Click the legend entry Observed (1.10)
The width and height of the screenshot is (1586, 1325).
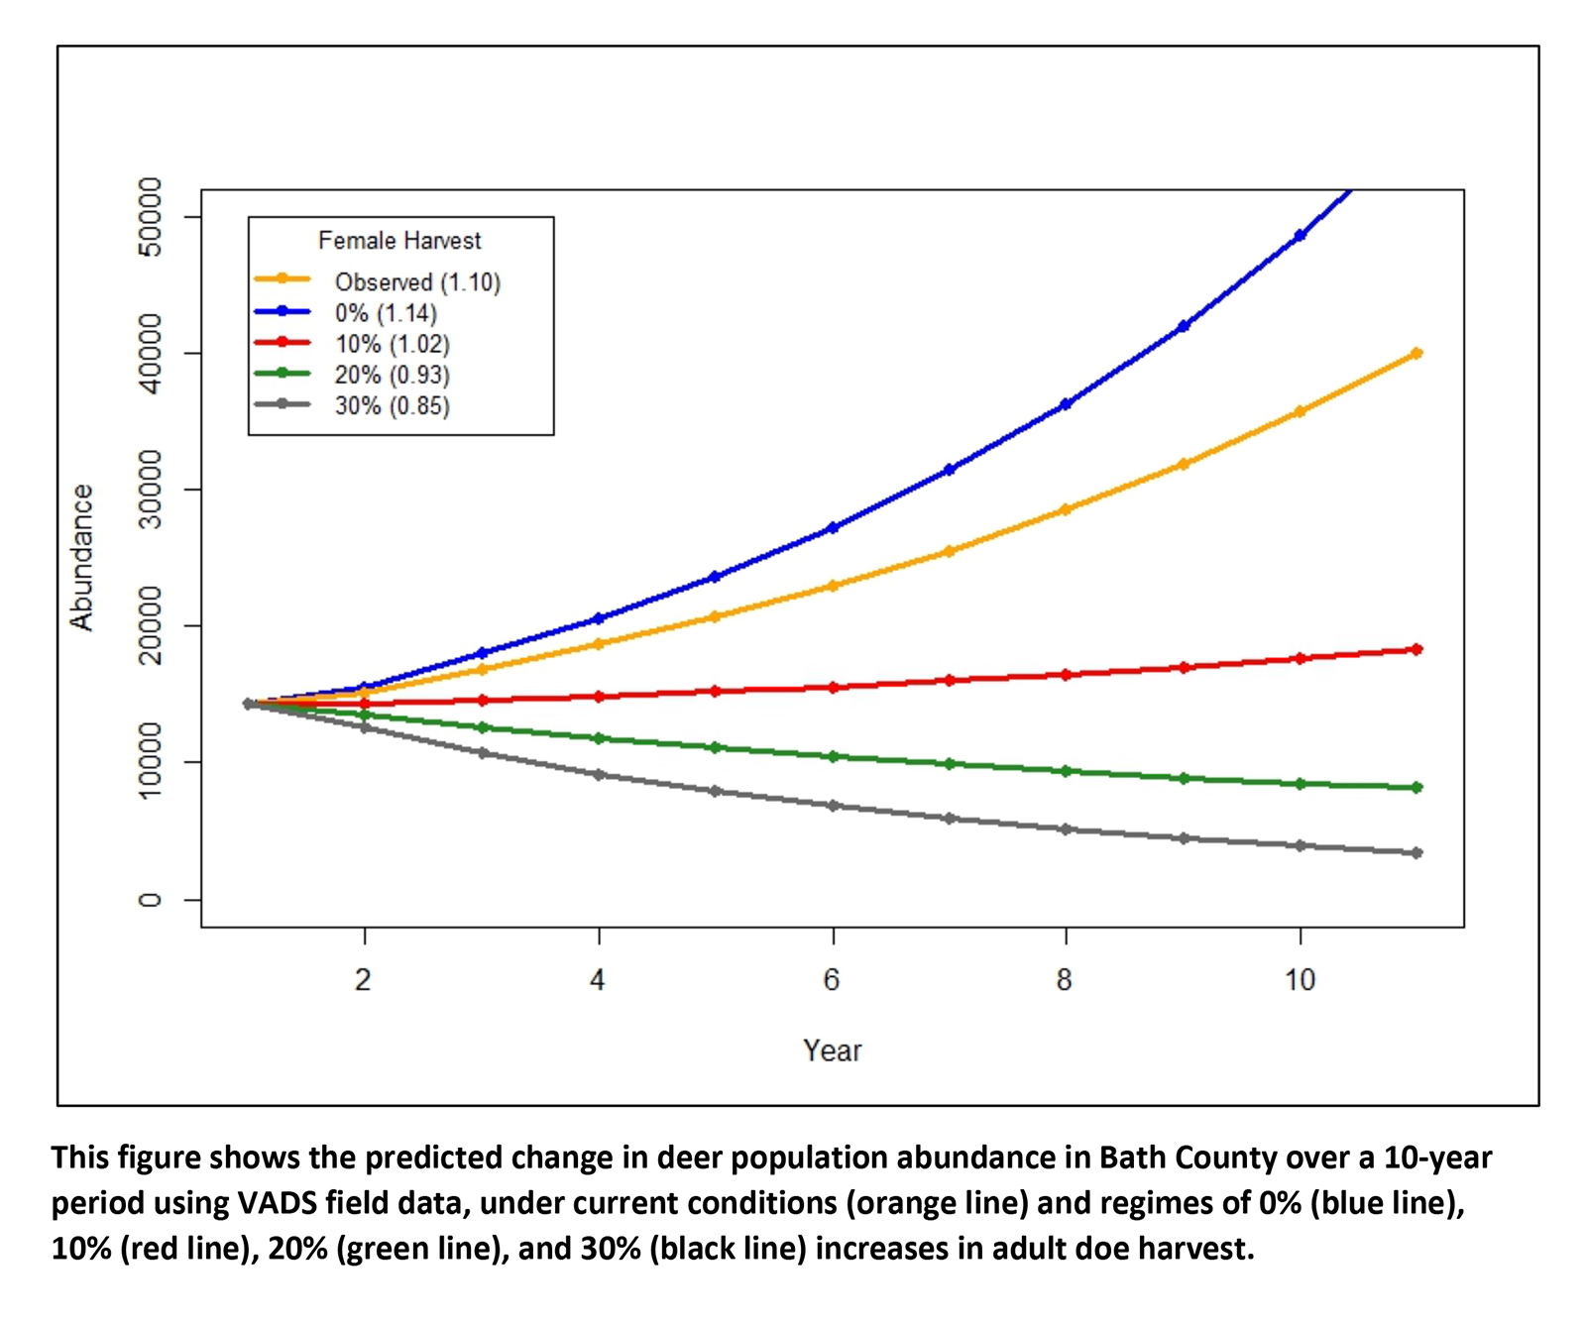(417, 282)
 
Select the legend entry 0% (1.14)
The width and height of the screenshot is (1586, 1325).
(386, 313)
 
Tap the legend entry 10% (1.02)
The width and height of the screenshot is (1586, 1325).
(392, 344)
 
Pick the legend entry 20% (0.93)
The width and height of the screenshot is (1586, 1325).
(392, 375)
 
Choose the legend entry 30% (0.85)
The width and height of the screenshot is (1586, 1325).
(392, 405)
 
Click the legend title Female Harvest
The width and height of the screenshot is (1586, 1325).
(399, 241)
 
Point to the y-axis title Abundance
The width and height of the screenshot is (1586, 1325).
(81, 557)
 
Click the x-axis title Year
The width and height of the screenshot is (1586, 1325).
(832, 1050)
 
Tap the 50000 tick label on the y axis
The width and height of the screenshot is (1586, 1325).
(150, 217)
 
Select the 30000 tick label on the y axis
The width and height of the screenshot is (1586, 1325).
(150, 490)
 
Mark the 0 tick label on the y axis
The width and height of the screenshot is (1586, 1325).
(150, 900)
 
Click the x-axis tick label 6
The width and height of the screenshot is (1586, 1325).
(832, 980)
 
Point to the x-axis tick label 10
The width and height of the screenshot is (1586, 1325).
(1300, 980)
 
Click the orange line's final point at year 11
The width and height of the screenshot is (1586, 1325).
(1416, 354)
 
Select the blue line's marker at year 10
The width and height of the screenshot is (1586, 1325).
(1300, 236)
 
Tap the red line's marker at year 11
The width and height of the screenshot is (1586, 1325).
(1416, 649)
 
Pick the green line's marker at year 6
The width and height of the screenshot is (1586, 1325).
(833, 756)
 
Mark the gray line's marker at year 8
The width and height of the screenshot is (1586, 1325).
(1066, 829)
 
